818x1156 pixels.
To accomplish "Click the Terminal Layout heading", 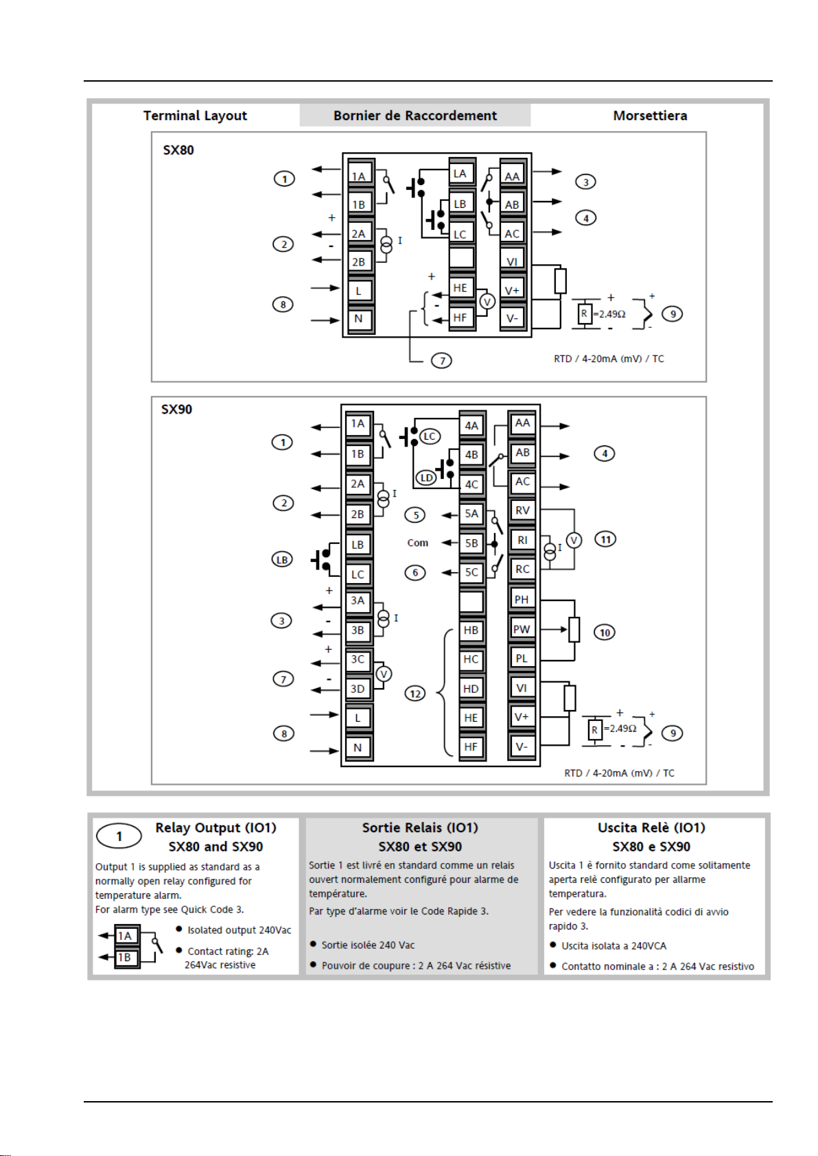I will tap(195, 115).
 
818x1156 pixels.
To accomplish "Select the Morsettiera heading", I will tap(650, 115).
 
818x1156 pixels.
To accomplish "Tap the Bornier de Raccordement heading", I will tap(415, 115).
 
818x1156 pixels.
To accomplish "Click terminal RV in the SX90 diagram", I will tap(522, 510).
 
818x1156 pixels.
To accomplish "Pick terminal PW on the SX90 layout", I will tap(522, 629).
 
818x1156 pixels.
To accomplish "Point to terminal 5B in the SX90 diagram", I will tap(471, 543).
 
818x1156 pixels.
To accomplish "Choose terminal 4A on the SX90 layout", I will tap(471, 425).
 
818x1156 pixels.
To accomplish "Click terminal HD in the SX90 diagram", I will tap(471, 689).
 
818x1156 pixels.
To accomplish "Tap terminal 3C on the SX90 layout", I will tap(358, 659).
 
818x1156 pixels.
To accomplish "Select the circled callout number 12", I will tap(415, 694).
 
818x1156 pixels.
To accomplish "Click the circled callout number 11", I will tap(605, 539).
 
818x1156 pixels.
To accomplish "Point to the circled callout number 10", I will tap(605, 633).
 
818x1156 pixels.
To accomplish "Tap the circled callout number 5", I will tap(414, 515).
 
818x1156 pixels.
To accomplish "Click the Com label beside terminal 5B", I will tap(417, 543).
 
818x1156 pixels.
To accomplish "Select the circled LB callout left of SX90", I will tap(282, 560).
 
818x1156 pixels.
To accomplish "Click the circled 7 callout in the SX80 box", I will tap(442, 360).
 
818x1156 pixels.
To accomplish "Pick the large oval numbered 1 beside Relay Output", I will tap(119, 836).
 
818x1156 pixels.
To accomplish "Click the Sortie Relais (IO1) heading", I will tap(420, 828).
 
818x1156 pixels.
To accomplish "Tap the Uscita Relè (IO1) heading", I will tap(651, 828).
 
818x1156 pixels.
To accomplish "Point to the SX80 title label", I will tap(178, 150).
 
